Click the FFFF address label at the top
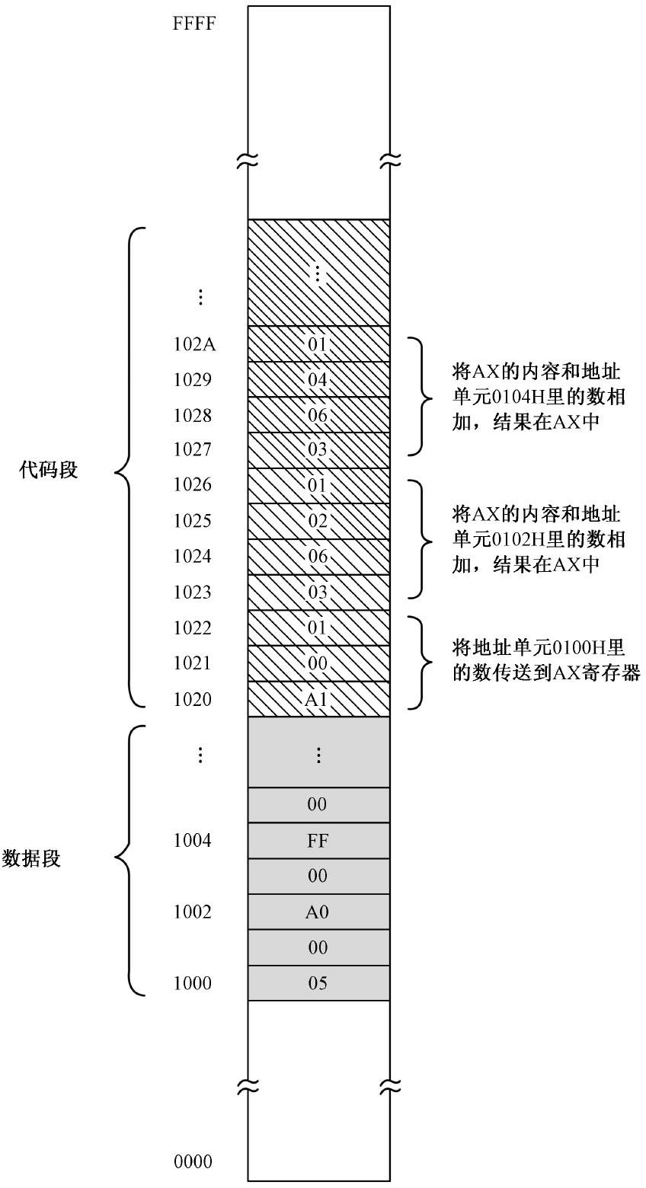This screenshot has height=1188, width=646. pyautogui.click(x=194, y=23)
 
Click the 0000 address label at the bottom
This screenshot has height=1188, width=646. pyautogui.click(x=193, y=1162)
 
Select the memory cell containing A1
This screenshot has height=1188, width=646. pyautogui.click(x=318, y=699)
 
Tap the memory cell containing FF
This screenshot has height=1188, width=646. pyautogui.click(x=318, y=841)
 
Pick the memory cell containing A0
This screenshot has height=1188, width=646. pyautogui.click(x=318, y=912)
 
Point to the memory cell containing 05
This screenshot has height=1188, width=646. pyautogui.click(x=318, y=983)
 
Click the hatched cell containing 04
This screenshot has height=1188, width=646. pyautogui.click(x=318, y=379)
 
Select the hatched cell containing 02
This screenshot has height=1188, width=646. pyautogui.click(x=318, y=522)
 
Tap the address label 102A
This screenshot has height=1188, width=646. pyautogui.click(x=194, y=344)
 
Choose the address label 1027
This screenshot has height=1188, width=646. pyautogui.click(x=193, y=450)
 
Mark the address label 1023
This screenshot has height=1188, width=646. pyautogui.click(x=193, y=592)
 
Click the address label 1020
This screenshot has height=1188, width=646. pyautogui.click(x=193, y=699)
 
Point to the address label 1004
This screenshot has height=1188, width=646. pyautogui.click(x=193, y=841)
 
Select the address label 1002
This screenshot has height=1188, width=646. pyautogui.click(x=193, y=912)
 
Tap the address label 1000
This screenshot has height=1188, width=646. pyautogui.click(x=193, y=983)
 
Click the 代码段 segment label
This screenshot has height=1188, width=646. pyautogui.click(x=49, y=470)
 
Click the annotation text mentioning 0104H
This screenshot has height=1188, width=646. pyautogui.click(x=538, y=397)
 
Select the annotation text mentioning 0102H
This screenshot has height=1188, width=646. pyautogui.click(x=538, y=539)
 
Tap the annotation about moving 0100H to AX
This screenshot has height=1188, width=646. pyautogui.click(x=545, y=660)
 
